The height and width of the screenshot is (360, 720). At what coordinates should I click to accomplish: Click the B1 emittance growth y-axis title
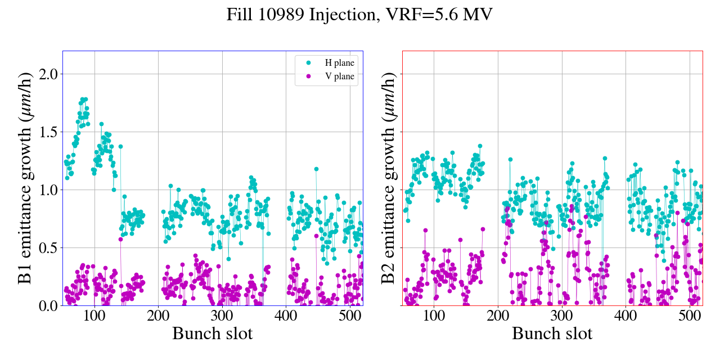25,178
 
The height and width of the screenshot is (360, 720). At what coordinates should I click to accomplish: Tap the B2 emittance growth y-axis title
388,178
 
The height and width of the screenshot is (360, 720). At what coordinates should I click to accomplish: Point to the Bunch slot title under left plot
213,333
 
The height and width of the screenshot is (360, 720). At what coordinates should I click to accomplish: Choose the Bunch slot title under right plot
552,333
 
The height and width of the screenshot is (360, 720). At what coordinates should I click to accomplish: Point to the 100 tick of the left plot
94,316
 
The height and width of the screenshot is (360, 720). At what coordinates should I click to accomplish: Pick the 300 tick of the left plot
222,316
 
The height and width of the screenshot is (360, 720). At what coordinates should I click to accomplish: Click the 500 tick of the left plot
350,316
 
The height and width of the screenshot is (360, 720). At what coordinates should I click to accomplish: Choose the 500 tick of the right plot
690,316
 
